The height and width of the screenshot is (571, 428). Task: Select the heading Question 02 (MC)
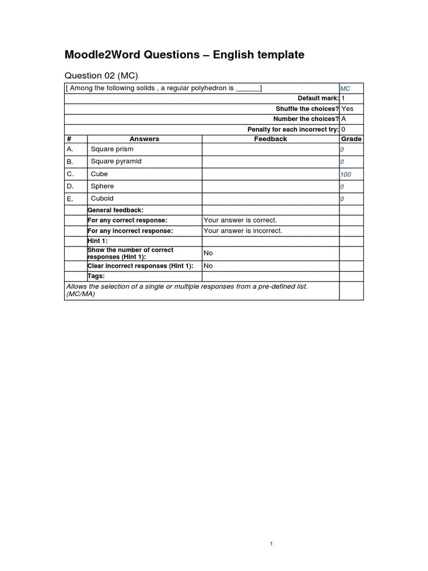101,75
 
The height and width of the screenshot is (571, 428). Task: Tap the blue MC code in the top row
345,89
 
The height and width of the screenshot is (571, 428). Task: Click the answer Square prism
112,149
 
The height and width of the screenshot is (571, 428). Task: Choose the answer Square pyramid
116,162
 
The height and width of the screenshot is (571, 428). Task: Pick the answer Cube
99,174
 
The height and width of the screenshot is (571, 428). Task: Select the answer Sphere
102,186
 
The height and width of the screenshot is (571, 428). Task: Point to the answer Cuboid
102,199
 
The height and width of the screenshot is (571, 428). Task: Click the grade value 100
346,175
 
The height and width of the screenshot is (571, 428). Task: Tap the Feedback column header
270,139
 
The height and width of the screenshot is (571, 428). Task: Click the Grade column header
351,139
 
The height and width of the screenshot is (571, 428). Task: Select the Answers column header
144,139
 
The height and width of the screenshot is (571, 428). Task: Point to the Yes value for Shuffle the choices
347,109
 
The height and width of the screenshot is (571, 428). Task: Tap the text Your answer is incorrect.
243,231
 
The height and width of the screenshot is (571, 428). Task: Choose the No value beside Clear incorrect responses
208,266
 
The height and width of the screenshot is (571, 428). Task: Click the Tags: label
96,276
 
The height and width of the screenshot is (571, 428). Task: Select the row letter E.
70,199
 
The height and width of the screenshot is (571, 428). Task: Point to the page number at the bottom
271,544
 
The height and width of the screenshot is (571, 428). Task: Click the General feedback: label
115,210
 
